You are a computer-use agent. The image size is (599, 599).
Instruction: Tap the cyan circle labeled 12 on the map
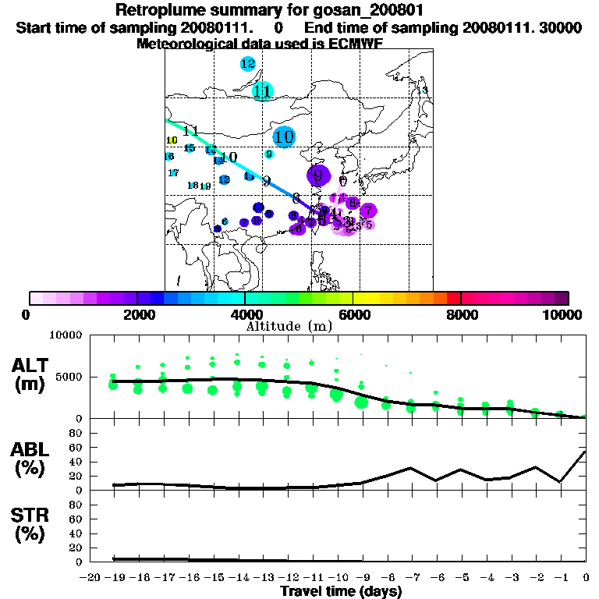[x=248, y=64]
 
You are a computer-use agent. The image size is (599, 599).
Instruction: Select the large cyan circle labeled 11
[x=263, y=91]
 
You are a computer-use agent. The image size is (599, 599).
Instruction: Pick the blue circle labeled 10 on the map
[x=285, y=136]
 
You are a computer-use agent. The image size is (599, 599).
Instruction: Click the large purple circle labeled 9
[x=318, y=175]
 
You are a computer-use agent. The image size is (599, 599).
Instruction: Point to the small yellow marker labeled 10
[x=172, y=140]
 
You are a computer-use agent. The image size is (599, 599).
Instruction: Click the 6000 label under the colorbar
[x=353, y=315]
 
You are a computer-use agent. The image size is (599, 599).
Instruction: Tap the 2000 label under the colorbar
[x=136, y=315]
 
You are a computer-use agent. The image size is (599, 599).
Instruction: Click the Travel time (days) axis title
[x=341, y=591]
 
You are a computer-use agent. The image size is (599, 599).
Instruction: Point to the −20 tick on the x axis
[x=90, y=578]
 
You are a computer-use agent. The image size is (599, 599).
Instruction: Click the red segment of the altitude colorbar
[x=453, y=298]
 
